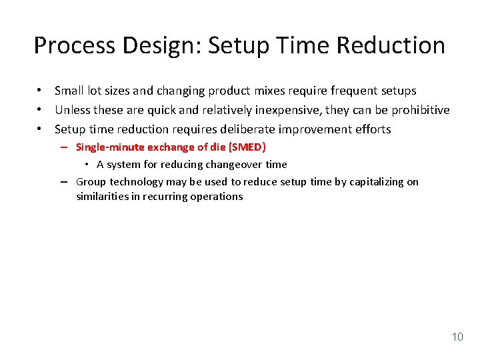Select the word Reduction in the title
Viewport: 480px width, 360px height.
[x=391, y=45]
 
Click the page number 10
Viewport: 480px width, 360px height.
[x=457, y=337]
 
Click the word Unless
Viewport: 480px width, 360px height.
[x=73, y=110]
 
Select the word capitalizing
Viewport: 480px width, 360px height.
[x=375, y=181]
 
